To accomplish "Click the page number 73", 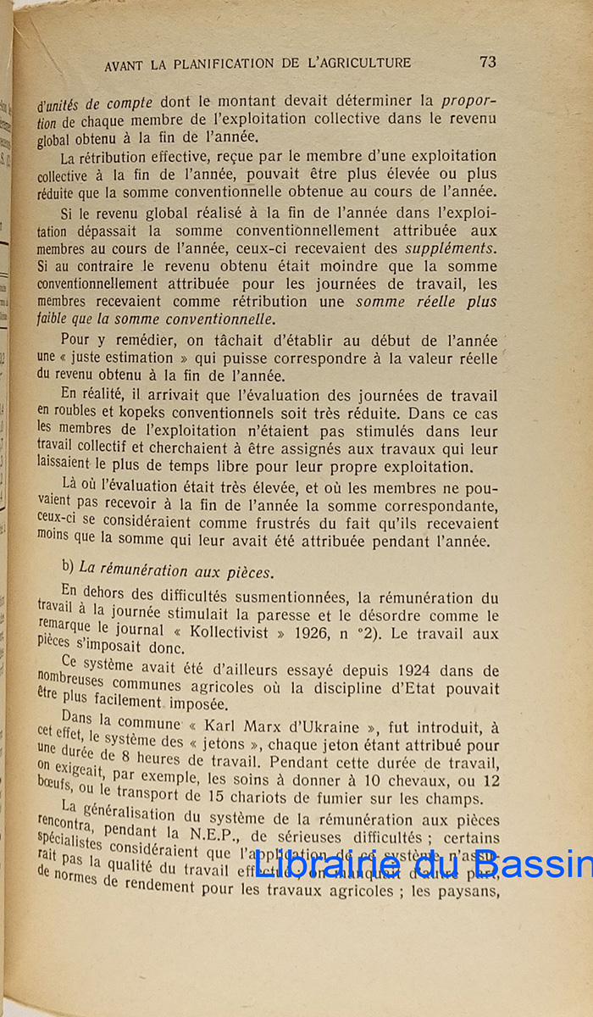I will pos(487,62).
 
